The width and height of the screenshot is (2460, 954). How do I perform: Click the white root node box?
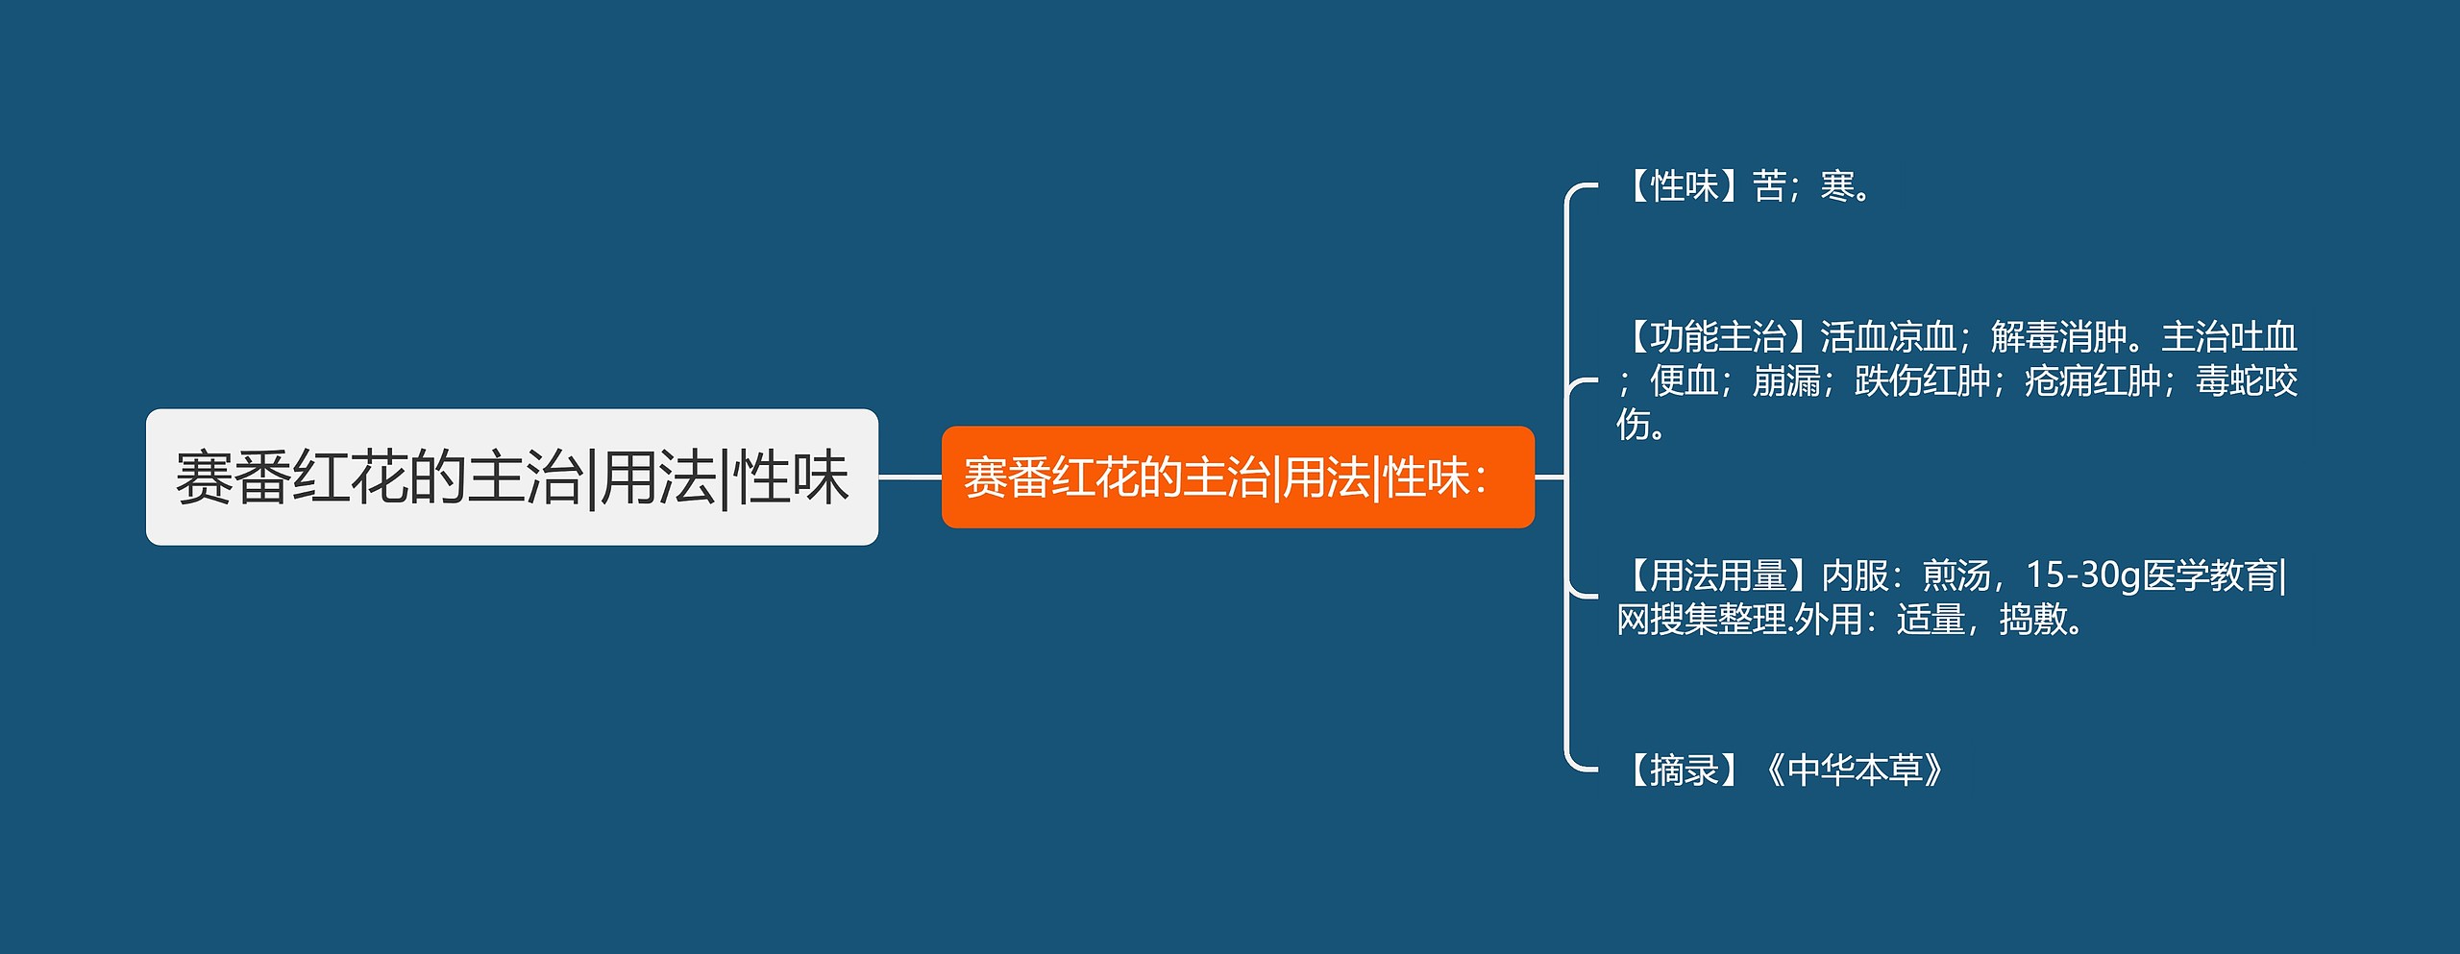tap(512, 477)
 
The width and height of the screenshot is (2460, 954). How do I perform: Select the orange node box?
tap(1238, 477)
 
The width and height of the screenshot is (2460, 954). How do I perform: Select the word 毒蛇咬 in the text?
tap(2247, 381)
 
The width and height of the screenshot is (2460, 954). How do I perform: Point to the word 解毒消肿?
tap(2059, 337)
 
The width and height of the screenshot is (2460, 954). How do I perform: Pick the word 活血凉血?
tap(1888, 337)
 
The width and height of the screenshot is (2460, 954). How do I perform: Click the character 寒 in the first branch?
tap(1837, 186)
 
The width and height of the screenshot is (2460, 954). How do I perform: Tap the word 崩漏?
tap(1786, 381)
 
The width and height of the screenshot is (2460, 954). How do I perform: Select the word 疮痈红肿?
tap(2093, 381)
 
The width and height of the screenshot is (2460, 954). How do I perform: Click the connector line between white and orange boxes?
tap(910, 477)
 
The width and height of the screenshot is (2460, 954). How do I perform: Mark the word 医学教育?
tap(2210, 575)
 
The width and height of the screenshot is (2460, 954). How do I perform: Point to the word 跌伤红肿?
tap(1923, 381)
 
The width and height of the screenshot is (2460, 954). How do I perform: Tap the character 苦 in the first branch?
tap(1769, 186)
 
